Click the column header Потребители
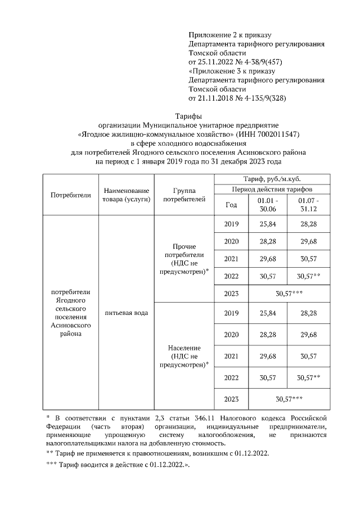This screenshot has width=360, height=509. click(x=70, y=195)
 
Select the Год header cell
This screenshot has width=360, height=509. click(x=231, y=205)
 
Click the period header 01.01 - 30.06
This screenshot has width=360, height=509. click(x=268, y=205)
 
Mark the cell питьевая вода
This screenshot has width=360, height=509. click(x=126, y=312)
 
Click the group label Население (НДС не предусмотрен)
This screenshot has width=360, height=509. click(x=183, y=356)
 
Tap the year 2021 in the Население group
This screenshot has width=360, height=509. click(x=231, y=356)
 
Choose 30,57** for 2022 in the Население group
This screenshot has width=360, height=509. click(x=308, y=377)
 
